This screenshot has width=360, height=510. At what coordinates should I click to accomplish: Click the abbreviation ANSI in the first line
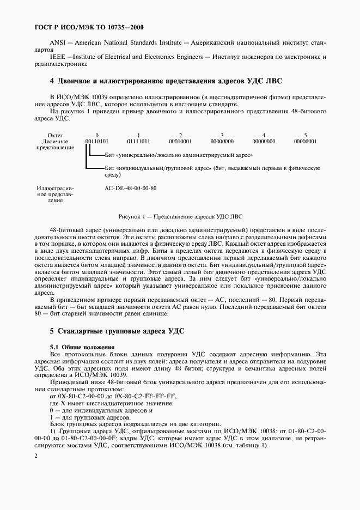(58, 42)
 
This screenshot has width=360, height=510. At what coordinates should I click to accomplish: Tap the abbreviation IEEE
(58, 57)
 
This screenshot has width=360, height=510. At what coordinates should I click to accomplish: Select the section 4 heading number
(52, 81)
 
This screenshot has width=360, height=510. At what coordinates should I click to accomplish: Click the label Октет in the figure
(56, 135)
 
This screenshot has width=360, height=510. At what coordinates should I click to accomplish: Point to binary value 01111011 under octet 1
(138, 141)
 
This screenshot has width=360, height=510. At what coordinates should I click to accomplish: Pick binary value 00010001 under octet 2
(180, 141)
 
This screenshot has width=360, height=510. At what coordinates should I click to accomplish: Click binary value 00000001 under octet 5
(305, 141)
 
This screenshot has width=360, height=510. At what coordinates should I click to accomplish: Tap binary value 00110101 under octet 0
(96, 141)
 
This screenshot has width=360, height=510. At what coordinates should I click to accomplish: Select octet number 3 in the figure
(222, 135)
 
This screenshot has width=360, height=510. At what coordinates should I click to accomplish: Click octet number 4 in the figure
(264, 135)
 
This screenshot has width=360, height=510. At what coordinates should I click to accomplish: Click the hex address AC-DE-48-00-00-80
(131, 189)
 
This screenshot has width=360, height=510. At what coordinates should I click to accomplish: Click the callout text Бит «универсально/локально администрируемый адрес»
(174, 155)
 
